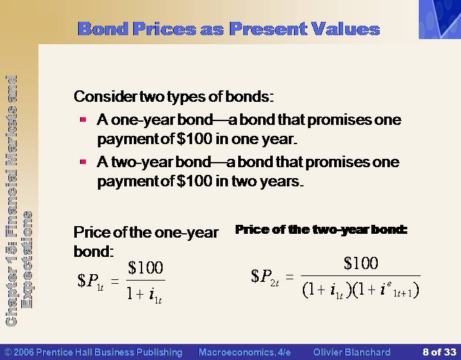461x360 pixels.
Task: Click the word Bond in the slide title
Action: point(103,29)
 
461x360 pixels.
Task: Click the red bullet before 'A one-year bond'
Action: point(83,120)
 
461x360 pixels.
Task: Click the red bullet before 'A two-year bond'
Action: point(83,162)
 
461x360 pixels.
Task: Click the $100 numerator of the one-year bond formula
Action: point(145,268)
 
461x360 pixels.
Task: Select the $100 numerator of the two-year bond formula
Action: point(360,263)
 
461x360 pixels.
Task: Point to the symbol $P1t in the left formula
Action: point(90,281)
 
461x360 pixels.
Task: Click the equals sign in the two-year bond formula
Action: point(289,277)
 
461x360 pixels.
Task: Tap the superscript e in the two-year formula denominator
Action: point(389,284)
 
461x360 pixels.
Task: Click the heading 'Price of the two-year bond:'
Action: point(321,230)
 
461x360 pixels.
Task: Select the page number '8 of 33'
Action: point(439,352)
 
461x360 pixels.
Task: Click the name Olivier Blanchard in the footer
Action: point(352,352)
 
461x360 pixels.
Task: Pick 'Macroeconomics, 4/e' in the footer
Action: point(245,352)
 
